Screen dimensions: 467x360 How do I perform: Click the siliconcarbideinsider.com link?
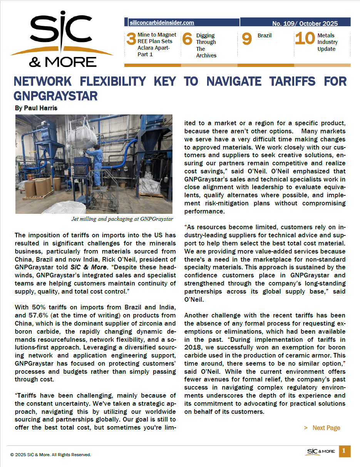[x=162, y=23]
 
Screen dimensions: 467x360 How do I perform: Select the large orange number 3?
[x=131, y=39]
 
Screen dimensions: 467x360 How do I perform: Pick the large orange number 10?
[x=305, y=39]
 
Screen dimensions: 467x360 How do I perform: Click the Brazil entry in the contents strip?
[x=265, y=35]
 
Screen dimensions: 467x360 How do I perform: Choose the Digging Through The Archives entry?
[x=206, y=45]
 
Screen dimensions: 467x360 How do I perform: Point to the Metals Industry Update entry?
[x=327, y=42]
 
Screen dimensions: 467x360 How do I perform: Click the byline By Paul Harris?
[x=36, y=108]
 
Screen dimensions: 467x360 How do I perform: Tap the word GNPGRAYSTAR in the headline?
[x=55, y=96]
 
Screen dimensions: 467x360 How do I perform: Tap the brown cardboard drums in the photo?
[x=40, y=186]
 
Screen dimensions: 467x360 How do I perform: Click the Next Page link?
[x=326, y=428]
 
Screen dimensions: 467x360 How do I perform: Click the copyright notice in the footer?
[x=50, y=455]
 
